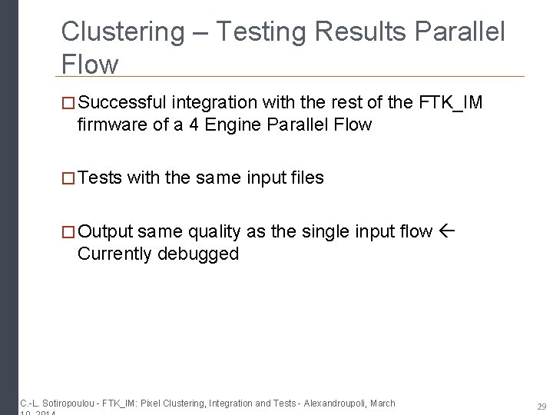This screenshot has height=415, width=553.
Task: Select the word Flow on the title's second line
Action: pyautogui.click(x=90, y=65)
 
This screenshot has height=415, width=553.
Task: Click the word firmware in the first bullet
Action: pyautogui.click(x=111, y=124)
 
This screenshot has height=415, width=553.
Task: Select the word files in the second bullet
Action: pyautogui.click(x=306, y=178)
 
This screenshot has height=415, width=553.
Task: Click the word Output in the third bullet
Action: pyautogui.click(x=105, y=231)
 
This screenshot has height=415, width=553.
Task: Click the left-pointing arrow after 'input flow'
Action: pyautogui.click(x=448, y=231)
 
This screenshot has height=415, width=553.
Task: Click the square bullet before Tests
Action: pyautogui.click(x=68, y=178)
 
